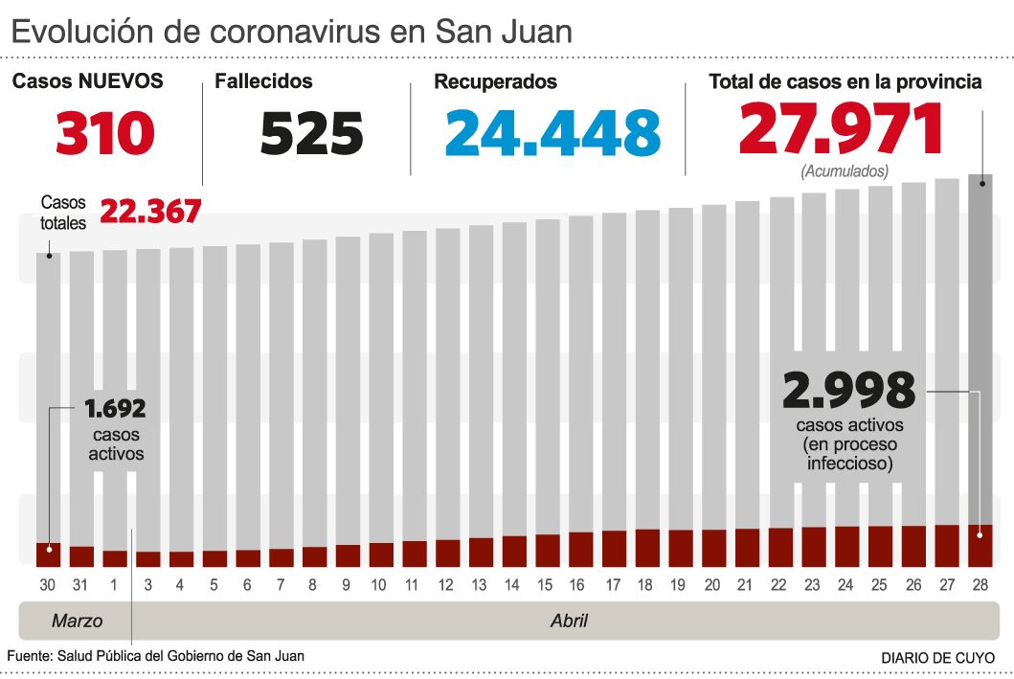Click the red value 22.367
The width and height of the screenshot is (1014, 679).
click(150, 211)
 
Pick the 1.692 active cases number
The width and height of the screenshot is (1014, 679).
click(115, 410)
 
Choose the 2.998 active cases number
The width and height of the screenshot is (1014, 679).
click(848, 390)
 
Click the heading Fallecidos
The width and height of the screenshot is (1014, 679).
click(263, 82)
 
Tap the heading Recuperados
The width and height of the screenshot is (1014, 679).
click(495, 82)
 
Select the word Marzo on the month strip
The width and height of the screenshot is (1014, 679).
click(77, 621)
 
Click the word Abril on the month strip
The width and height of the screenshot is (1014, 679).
click(569, 621)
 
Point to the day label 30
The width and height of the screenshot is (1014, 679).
click(48, 584)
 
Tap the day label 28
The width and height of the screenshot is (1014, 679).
click(980, 584)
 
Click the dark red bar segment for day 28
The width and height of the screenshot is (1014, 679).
click(980, 545)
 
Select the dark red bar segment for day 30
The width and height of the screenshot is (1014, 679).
click(48, 555)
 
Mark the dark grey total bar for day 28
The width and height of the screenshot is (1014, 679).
click(980, 345)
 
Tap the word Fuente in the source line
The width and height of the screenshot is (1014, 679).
click(30, 656)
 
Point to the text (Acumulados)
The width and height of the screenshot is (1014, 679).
click(844, 170)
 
